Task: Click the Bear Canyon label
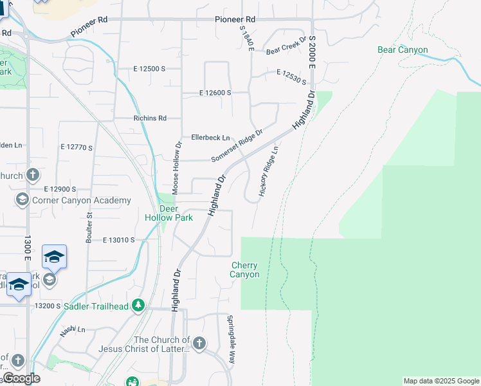click(403, 50)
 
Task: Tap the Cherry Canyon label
click(244, 270)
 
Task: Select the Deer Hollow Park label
click(168, 214)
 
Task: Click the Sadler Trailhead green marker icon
click(137, 305)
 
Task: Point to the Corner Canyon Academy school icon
click(22, 200)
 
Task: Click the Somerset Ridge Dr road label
click(237, 147)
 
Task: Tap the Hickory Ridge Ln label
click(268, 170)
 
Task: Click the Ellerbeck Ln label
click(210, 138)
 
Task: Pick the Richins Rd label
click(149, 118)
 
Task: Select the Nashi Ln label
click(72, 329)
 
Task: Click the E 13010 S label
click(118, 240)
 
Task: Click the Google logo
click(21, 379)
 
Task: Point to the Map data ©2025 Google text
click(441, 381)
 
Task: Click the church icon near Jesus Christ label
click(199, 343)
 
